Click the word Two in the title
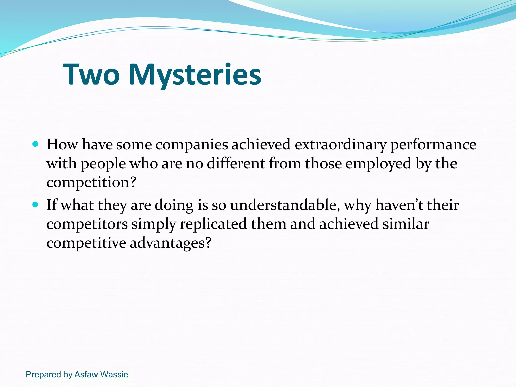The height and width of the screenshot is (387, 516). coord(91,74)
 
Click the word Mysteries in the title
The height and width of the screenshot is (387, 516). coord(195,74)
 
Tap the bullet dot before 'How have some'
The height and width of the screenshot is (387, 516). coord(35,144)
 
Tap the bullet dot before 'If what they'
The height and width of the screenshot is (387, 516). coord(35,204)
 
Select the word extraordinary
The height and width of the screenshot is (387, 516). coord(340,145)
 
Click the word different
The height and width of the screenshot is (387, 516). coord(236,163)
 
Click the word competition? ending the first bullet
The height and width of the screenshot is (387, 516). coord(91,182)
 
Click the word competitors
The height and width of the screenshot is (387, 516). coord(87,224)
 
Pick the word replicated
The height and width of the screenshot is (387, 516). coord(213,224)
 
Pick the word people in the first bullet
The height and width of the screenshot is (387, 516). coord(103,164)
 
